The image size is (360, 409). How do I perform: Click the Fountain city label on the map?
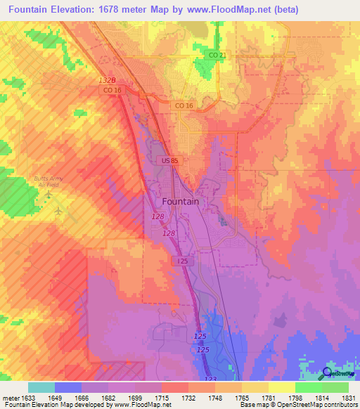click(181, 201)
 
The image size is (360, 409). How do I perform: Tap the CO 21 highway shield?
click(217, 55)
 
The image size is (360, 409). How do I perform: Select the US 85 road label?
click(169, 162)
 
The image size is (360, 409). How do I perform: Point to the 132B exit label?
click(106, 81)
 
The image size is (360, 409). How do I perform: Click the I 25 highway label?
click(182, 261)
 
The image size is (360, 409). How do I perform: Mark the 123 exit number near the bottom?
click(210, 378)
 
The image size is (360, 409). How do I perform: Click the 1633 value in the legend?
click(27, 397)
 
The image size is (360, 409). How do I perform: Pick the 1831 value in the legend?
click(347, 397)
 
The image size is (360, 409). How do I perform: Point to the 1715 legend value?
click(161, 397)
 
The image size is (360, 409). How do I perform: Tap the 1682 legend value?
click(108, 397)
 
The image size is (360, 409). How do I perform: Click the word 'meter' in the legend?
click(10, 397)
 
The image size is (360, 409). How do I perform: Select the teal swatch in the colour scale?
click(41, 387)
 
